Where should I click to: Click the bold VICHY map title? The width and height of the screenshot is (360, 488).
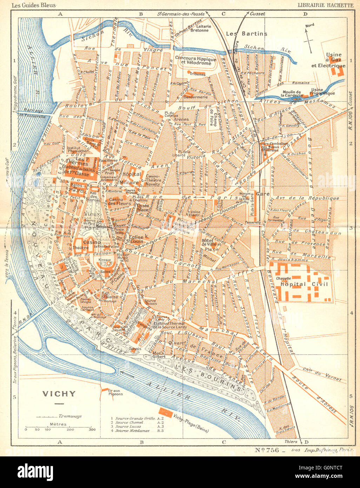click(59, 394)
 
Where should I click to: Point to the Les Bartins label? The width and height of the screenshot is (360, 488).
click(246, 34)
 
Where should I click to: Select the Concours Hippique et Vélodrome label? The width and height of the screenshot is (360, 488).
click(196, 60)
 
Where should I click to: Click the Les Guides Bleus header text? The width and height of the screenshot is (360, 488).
click(32, 5)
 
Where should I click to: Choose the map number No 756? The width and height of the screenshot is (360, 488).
click(267, 449)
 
